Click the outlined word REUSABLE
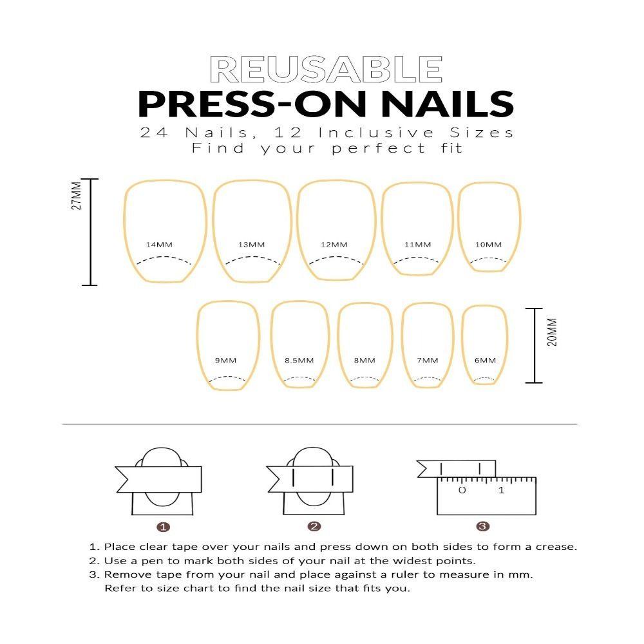pos(326,69)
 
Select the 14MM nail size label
pos(159,245)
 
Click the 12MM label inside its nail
pos(334,245)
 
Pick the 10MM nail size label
pos(488,245)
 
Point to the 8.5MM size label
pos(299,361)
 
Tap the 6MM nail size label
pos(486,361)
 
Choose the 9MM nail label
pos(225,361)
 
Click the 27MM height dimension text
pos(77,196)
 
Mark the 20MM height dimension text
pos(552,331)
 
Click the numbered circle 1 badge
pos(164,527)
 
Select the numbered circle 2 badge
pos(314,527)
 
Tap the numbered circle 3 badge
pos(483,527)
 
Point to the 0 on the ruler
pos(462,491)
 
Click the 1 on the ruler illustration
pos(502,491)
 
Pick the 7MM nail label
pos(427,361)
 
